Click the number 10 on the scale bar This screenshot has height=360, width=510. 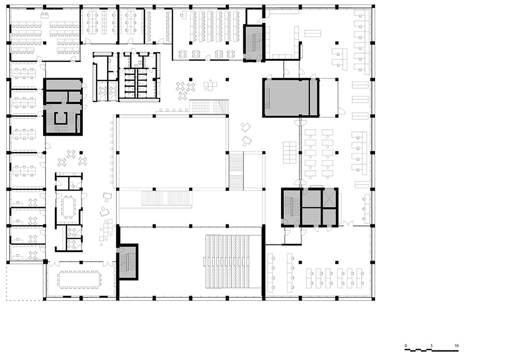click(457, 346)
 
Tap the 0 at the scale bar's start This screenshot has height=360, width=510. click(406, 346)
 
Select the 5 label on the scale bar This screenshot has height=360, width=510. click(431, 346)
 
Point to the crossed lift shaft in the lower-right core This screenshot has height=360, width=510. click(329, 198)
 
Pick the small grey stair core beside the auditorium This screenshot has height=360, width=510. click(127, 261)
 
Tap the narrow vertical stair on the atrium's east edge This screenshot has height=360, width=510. click(236, 170)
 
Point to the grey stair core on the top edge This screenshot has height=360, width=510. click(253, 42)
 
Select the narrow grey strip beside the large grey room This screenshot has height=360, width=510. click(314, 97)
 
